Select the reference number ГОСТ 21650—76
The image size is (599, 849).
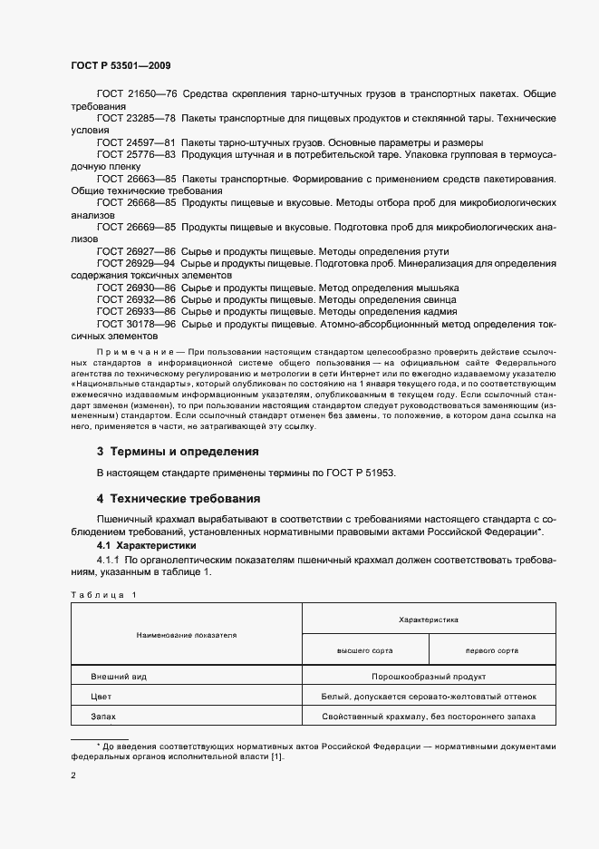136,94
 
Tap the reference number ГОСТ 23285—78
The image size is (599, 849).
136,119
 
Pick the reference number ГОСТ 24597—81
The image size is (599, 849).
136,143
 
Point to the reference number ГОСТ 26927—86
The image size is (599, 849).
136,251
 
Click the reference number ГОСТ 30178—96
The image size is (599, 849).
136,324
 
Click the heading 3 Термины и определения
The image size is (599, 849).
178,451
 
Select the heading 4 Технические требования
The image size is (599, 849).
179,498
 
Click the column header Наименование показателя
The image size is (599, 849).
187,635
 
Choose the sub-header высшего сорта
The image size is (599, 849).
364,650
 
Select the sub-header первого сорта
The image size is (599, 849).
492,650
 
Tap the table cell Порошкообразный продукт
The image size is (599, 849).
429,677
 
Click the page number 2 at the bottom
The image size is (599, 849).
73,776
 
